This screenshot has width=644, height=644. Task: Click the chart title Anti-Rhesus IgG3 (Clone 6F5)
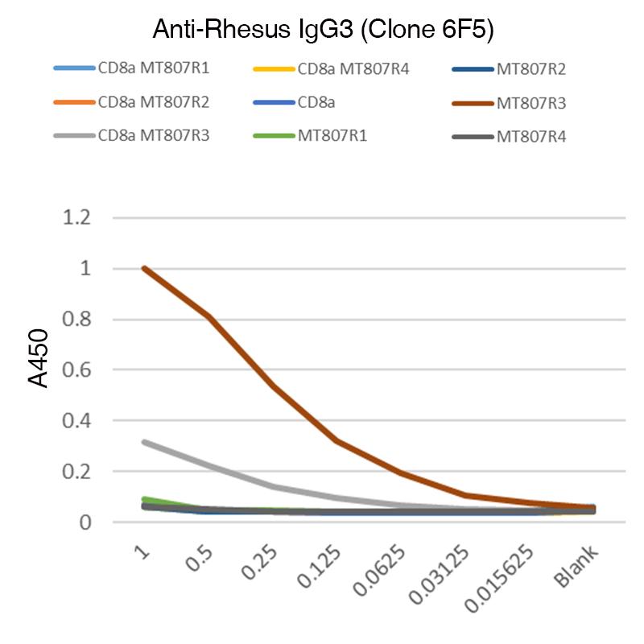coord(322,31)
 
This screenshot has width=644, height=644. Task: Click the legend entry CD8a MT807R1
coord(153,68)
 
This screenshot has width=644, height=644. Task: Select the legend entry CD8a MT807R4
coord(353,69)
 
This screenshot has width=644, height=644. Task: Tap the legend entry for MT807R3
coord(531,103)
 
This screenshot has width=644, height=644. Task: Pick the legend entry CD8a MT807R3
coord(153,136)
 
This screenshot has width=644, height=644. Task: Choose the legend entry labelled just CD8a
coord(316,103)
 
